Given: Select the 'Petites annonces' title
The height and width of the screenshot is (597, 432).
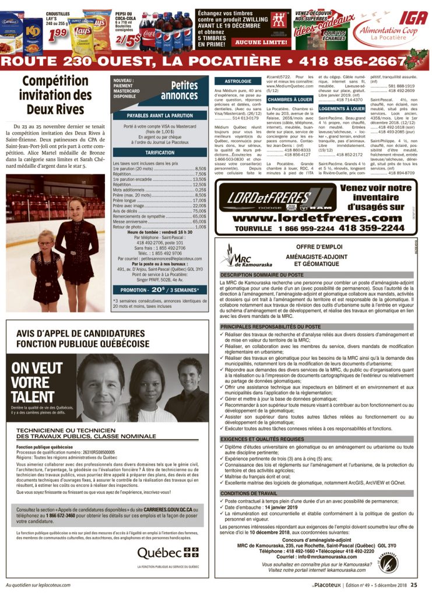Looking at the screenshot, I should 179,90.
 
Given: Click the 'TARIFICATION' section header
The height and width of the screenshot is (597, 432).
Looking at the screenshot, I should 159,152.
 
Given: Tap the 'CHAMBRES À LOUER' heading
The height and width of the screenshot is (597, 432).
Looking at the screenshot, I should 290,100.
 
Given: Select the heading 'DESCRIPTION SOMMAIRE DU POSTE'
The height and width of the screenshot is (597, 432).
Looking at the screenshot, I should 262,274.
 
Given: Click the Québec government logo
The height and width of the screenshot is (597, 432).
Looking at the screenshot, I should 168,552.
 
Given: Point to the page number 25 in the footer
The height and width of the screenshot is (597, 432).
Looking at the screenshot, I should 413,585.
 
